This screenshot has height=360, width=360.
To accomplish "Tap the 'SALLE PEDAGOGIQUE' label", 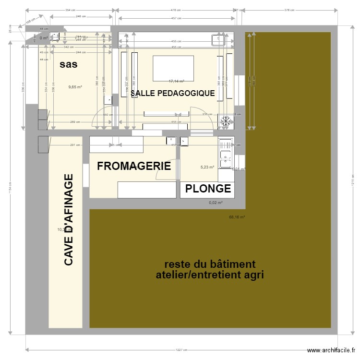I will click(173, 94).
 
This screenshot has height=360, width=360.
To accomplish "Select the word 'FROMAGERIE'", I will click(134, 167).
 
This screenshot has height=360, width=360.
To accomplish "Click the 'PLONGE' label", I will click(208, 189).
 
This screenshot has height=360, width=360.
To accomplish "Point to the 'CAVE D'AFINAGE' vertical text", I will click(69, 220).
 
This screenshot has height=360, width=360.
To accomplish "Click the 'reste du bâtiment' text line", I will click(210, 264).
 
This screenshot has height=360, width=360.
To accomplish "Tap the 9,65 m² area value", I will click(75, 87).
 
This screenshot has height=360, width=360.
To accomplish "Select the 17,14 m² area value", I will click(176, 82).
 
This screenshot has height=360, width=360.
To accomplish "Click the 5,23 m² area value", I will click(207, 167).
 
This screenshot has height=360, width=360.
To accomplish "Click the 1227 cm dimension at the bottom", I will click(180, 350).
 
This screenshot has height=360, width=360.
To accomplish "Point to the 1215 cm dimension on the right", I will click(352, 181).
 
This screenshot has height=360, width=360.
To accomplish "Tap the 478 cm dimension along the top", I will click(176, 10).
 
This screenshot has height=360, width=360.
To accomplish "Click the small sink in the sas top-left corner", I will click(56, 36).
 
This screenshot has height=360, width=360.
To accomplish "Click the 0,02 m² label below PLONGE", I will click(216, 203).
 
